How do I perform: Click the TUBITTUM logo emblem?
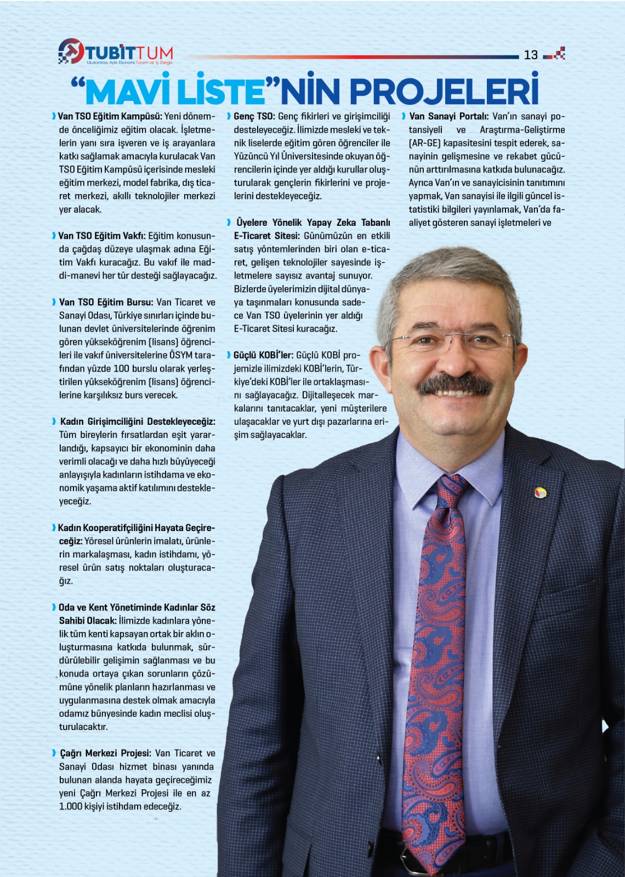click(71, 51)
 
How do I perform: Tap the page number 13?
click(531, 55)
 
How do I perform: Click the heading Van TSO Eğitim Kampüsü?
click(110, 116)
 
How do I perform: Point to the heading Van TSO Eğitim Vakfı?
click(102, 236)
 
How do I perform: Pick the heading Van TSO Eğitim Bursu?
click(106, 302)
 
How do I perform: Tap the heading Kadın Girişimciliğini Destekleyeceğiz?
click(138, 422)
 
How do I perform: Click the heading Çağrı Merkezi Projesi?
click(105, 753)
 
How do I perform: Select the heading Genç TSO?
click(254, 116)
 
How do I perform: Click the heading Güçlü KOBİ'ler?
click(264, 355)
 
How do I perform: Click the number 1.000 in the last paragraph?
click(71, 806)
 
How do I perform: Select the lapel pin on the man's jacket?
click(540, 492)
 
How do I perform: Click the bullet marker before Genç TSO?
click(229, 116)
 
